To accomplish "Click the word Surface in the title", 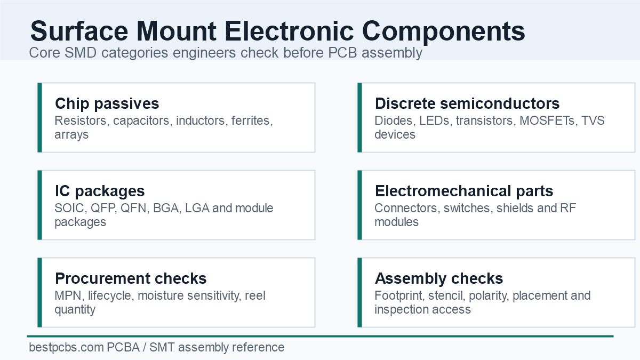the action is pyautogui.click(x=79, y=31).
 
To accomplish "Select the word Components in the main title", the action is pyautogui.click(x=443, y=32).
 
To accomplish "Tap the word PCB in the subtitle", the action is pyautogui.click(x=342, y=53).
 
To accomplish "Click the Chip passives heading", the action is pyautogui.click(x=107, y=104).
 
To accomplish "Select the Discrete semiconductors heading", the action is pyautogui.click(x=467, y=103).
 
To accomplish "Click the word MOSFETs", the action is pyautogui.click(x=547, y=121).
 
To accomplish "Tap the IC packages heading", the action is pyautogui.click(x=100, y=191).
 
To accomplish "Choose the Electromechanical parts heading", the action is pyautogui.click(x=464, y=191).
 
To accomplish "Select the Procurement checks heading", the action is pyautogui.click(x=131, y=278).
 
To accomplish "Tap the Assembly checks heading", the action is pyautogui.click(x=439, y=279).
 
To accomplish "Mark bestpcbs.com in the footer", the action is pyautogui.click(x=66, y=348).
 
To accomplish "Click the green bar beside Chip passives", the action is pyautogui.click(x=39, y=117).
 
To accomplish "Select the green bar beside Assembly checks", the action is pyautogui.click(x=359, y=292).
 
